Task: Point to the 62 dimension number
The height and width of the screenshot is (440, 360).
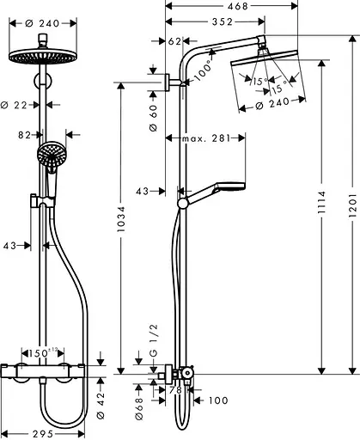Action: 175,41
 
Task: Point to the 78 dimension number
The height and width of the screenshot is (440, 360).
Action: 176,390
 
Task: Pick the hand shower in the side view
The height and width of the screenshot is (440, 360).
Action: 232,189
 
